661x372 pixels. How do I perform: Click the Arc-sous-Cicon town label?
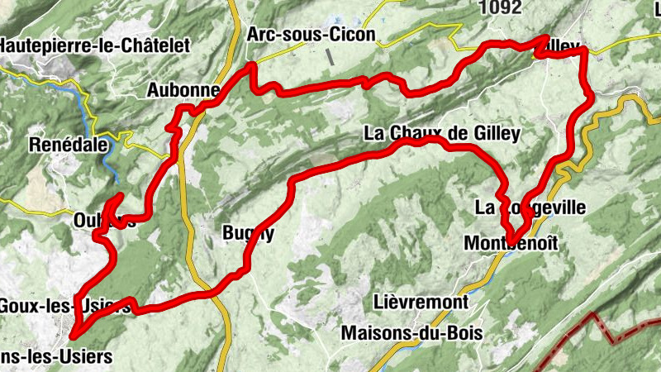click(x=311, y=36)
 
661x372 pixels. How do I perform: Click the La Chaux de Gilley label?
click(x=440, y=134)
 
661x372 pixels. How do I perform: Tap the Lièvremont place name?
click(x=421, y=303)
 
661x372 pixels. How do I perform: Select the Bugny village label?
click(x=247, y=234)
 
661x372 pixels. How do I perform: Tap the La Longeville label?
click(x=530, y=207)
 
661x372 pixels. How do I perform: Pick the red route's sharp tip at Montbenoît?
click(x=512, y=245)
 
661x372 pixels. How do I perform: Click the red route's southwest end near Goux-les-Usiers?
click(x=73, y=336)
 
